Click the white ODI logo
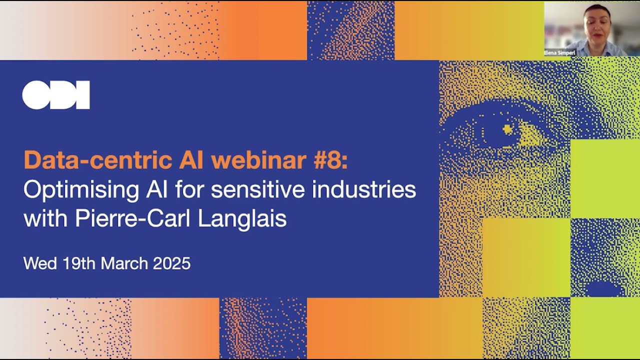(56, 94)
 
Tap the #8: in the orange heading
(340, 160)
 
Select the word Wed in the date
(40, 263)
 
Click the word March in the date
(125, 263)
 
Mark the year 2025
(171, 263)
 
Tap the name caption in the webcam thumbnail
(559, 52)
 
